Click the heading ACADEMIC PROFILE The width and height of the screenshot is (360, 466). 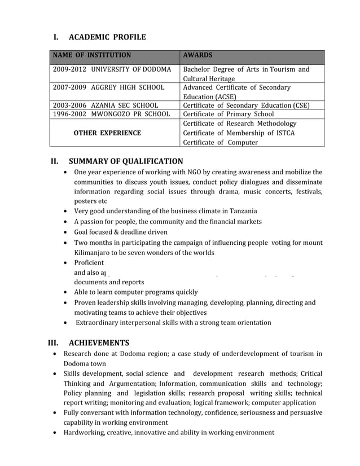(x=107, y=37)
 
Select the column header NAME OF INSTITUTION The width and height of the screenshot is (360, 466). (x=92, y=55)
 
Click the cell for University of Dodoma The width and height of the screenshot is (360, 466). (x=112, y=69)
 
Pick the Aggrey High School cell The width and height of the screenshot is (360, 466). (x=108, y=87)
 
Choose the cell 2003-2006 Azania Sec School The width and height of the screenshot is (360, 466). (x=106, y=105)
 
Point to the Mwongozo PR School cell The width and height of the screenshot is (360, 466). (x=111, y=114)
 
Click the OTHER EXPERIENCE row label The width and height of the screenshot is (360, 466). (x=107, y=133)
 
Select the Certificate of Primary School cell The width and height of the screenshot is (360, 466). (x=229, y=114)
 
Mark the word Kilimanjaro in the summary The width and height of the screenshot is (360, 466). (x=93, y=253)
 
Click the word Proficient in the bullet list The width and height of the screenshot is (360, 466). (x=89, y=263)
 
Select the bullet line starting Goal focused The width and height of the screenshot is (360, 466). (x=121, y=232)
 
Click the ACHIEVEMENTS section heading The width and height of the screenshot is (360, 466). (x=99, y=342)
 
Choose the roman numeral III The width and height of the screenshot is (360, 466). (x=53, y=342)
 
